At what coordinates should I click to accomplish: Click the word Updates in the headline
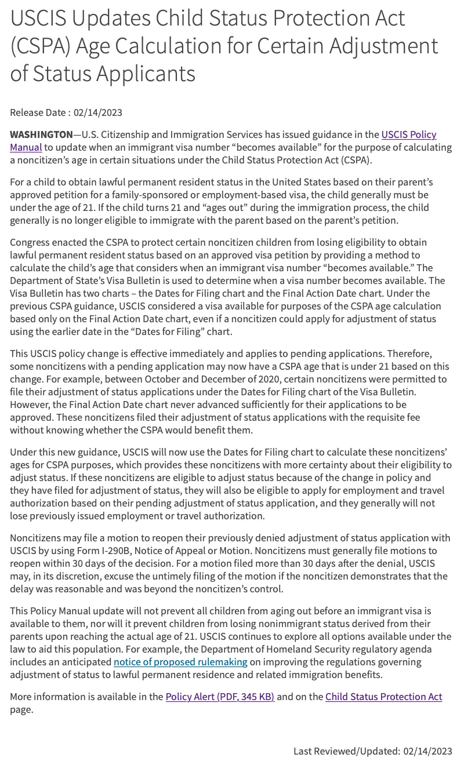pos(112,19)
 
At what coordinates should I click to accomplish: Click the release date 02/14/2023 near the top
pos(97,112)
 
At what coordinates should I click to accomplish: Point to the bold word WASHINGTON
pos(41,134)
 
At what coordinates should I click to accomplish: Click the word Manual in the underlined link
pos(26,147)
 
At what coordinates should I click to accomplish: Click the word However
pos(30,405)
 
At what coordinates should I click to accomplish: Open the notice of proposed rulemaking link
pos(180,662)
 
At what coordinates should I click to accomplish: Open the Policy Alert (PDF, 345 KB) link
pos(220,697)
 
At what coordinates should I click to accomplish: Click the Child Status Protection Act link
pos(383,697)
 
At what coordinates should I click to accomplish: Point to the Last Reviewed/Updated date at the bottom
pos(426,751)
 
